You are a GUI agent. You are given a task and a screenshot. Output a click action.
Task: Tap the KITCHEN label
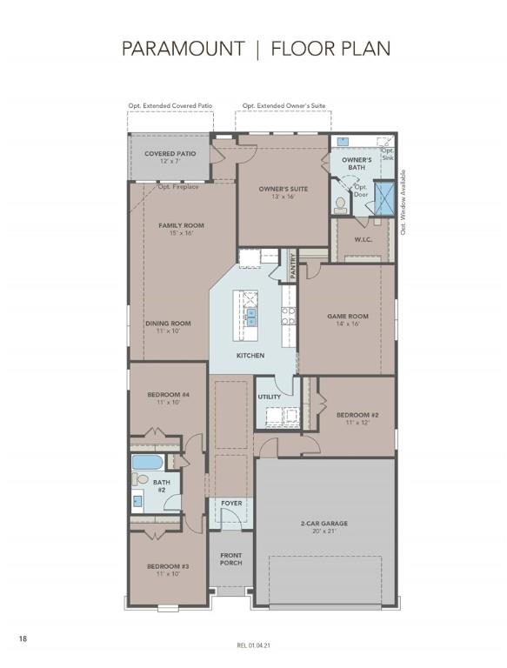tap(250, 356)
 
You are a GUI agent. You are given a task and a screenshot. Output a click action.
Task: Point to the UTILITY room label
tap(269, 397)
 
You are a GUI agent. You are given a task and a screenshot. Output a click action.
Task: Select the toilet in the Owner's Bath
tap(341, 204)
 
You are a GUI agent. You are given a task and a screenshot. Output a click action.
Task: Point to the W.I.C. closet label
tap(363, 239)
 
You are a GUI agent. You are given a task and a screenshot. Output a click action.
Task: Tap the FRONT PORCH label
tap(230, 558)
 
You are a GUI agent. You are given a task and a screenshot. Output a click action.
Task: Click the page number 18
tap(23, 639)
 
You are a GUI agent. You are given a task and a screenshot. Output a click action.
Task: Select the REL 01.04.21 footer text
tap(253, 645)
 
